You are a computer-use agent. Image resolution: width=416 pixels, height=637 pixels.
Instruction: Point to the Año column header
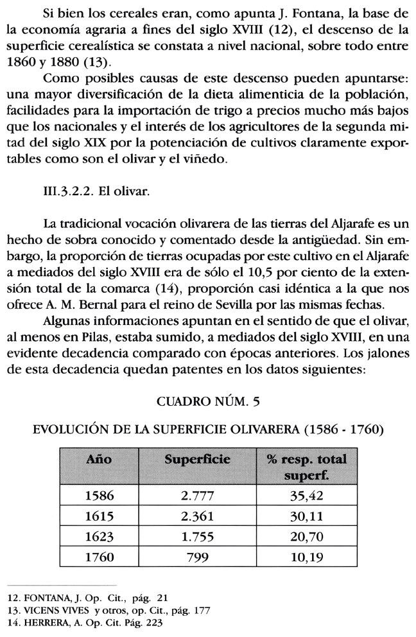click(100, 459)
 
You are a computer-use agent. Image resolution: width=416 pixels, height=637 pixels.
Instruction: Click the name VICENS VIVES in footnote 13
click(50, 611)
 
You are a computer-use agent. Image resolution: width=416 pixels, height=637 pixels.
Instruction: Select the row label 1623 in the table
click(100, 536)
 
